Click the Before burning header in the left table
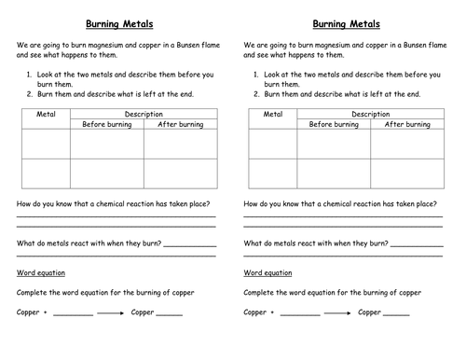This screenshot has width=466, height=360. tap(107, 124)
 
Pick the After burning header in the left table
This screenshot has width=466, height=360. tap(180, 124)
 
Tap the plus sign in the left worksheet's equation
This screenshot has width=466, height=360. tap(46, 313)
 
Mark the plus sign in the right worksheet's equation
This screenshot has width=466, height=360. tap(273, 313)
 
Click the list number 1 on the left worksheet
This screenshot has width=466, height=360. tap(34, 71)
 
